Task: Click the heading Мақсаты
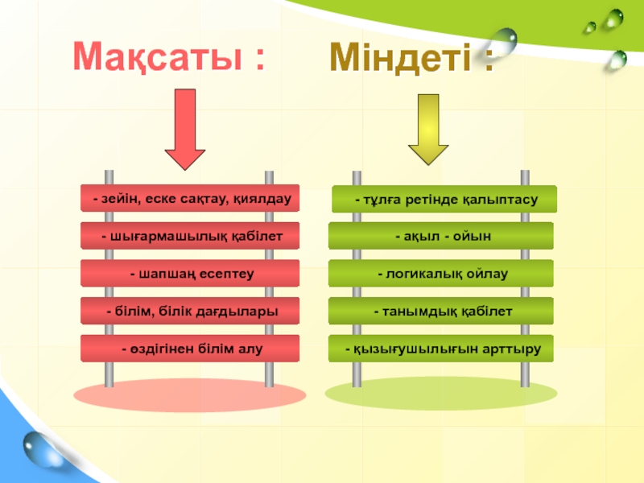pos(168,56)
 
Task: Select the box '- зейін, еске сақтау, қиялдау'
pos(191,198)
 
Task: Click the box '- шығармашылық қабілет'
pos(190,236)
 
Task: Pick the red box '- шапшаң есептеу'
pos(190,274)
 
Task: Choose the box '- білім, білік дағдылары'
pos(190,311)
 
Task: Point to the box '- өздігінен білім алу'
pos(190,349)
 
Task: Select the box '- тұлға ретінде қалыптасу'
pos(444,199)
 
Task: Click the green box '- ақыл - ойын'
pos(441,236)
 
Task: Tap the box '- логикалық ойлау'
pos(441,274)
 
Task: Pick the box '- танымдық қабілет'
pos(441,311)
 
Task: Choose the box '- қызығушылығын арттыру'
pos(441,349)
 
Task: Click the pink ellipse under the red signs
pos(190,394)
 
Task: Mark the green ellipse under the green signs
pos(441,393)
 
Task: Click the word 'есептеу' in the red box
pos(229,274)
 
